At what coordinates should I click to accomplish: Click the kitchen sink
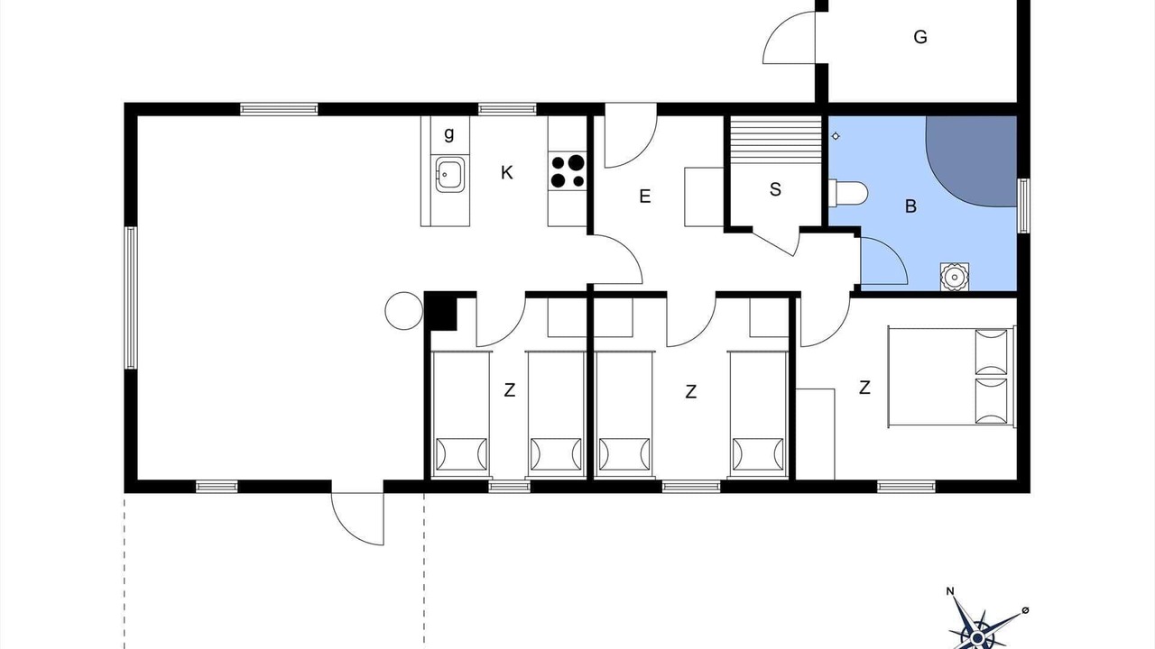point(450,175)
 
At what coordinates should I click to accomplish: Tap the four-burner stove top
point(568,171)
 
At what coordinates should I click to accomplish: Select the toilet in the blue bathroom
point(848,193)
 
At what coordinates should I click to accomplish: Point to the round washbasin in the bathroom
point(955,277)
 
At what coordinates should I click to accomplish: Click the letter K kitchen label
point(507,173)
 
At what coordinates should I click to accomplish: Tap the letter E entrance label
point(644,197)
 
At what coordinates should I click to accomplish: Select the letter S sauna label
point(775,189)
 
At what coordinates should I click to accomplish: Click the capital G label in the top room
point(920,37)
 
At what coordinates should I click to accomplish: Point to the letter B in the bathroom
point(910,206)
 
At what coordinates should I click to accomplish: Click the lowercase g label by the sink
point(449,134)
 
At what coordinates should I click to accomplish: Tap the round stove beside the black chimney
point(404,311)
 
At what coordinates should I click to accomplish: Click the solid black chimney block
point(441,311)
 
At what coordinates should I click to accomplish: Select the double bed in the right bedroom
point(952,377)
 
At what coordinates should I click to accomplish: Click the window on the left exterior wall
point(131,297)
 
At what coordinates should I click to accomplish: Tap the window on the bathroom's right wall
point(1023,206)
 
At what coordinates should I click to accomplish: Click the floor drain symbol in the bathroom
point(836,136)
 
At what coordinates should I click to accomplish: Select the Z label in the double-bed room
point(864,388)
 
